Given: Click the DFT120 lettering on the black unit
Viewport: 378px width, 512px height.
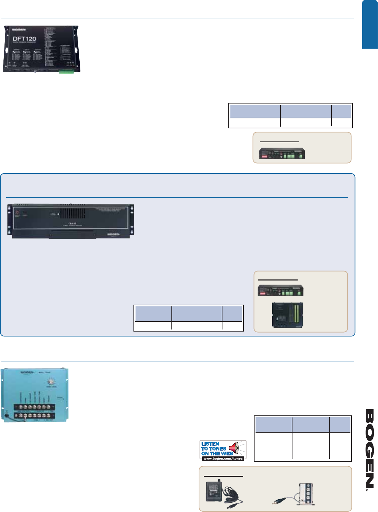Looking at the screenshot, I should [x=24, y=39].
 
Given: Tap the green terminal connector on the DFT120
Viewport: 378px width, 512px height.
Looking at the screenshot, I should [x=66, y=72].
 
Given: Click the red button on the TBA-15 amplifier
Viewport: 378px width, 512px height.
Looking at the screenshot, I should [x=17, y=213].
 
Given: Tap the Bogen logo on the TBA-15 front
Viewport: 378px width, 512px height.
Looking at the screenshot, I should [x=113, y=234].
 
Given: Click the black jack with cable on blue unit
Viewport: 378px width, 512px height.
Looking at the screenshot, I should [x=7, y=412].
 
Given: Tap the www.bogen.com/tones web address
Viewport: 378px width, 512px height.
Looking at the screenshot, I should [x=223, y=459].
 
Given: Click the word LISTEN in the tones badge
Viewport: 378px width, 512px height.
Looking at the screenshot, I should [x=210, y=444].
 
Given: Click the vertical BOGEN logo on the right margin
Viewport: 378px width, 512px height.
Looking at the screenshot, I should [x=369, y=449].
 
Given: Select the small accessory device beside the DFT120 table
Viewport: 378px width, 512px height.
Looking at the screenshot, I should [x=282, y=153].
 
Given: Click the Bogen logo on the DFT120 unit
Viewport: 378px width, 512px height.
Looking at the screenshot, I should [x=20, y=30].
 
